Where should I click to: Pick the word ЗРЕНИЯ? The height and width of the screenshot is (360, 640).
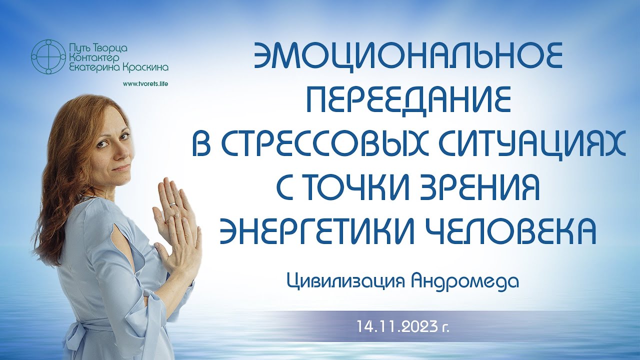pyautogui.click(x=479, y=187)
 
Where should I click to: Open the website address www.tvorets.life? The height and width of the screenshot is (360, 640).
pyautogui.click(x=145, y=83)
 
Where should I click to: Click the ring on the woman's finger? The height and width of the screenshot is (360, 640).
pyautogui.click(x=172, y=204)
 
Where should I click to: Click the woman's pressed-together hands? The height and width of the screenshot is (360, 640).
pyautogui.click(x=175, y=220)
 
